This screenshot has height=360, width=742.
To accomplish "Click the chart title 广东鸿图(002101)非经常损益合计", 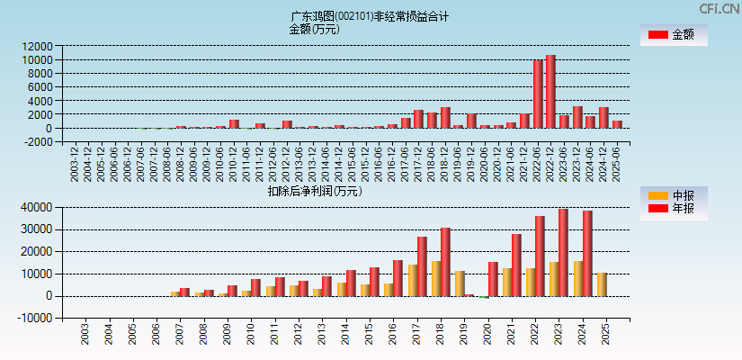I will (x=370, y=16).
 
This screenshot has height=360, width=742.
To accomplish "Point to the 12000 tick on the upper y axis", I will (x=37, y=46).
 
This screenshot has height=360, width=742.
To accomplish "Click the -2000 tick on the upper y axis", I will (x=37, y=142).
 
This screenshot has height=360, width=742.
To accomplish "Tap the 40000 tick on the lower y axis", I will (x=37, y=207).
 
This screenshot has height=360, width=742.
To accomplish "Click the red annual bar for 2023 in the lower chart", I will (x=564, y=253).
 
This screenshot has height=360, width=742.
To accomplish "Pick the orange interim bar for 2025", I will (x=602, y=284).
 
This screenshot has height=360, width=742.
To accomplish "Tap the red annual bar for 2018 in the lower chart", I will (x=445, y=262).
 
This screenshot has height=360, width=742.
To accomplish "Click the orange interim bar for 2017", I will (x=412, y=280).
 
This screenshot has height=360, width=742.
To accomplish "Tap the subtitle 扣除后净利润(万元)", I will (x=314, y=191).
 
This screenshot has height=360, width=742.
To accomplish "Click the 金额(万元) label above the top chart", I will (x=314, y=29).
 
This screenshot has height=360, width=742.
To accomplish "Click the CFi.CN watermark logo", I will (x=719, y=9).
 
